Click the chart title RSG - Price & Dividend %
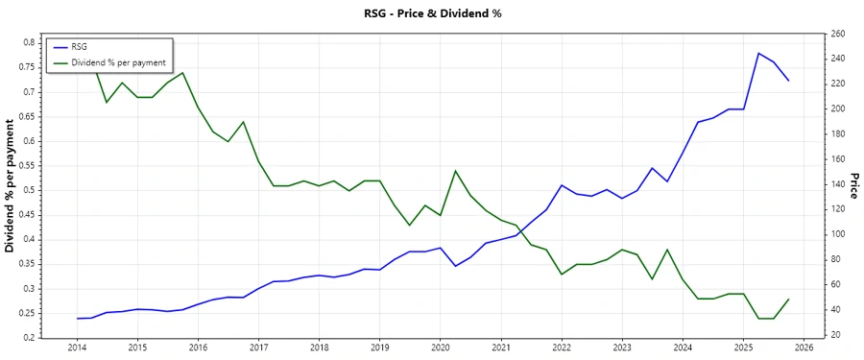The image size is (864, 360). click(431, 13)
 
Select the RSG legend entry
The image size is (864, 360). click(80, 46)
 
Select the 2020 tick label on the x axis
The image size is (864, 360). click(441, 348)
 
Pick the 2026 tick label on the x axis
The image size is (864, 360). click(804, 348)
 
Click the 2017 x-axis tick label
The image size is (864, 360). click(258, 348)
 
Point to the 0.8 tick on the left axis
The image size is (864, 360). click(29, 43)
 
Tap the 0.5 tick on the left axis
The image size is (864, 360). click(29, 190)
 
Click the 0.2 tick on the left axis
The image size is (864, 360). click(29, 338)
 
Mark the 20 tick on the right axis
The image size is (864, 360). click(835, 334)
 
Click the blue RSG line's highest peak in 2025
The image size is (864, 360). click(758, 53)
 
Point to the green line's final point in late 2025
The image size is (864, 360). click(789, 299)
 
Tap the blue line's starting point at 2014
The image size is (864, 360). click(77, 318)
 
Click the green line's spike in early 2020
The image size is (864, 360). click(455, 171)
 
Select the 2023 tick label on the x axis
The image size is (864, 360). click(622, 348)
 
